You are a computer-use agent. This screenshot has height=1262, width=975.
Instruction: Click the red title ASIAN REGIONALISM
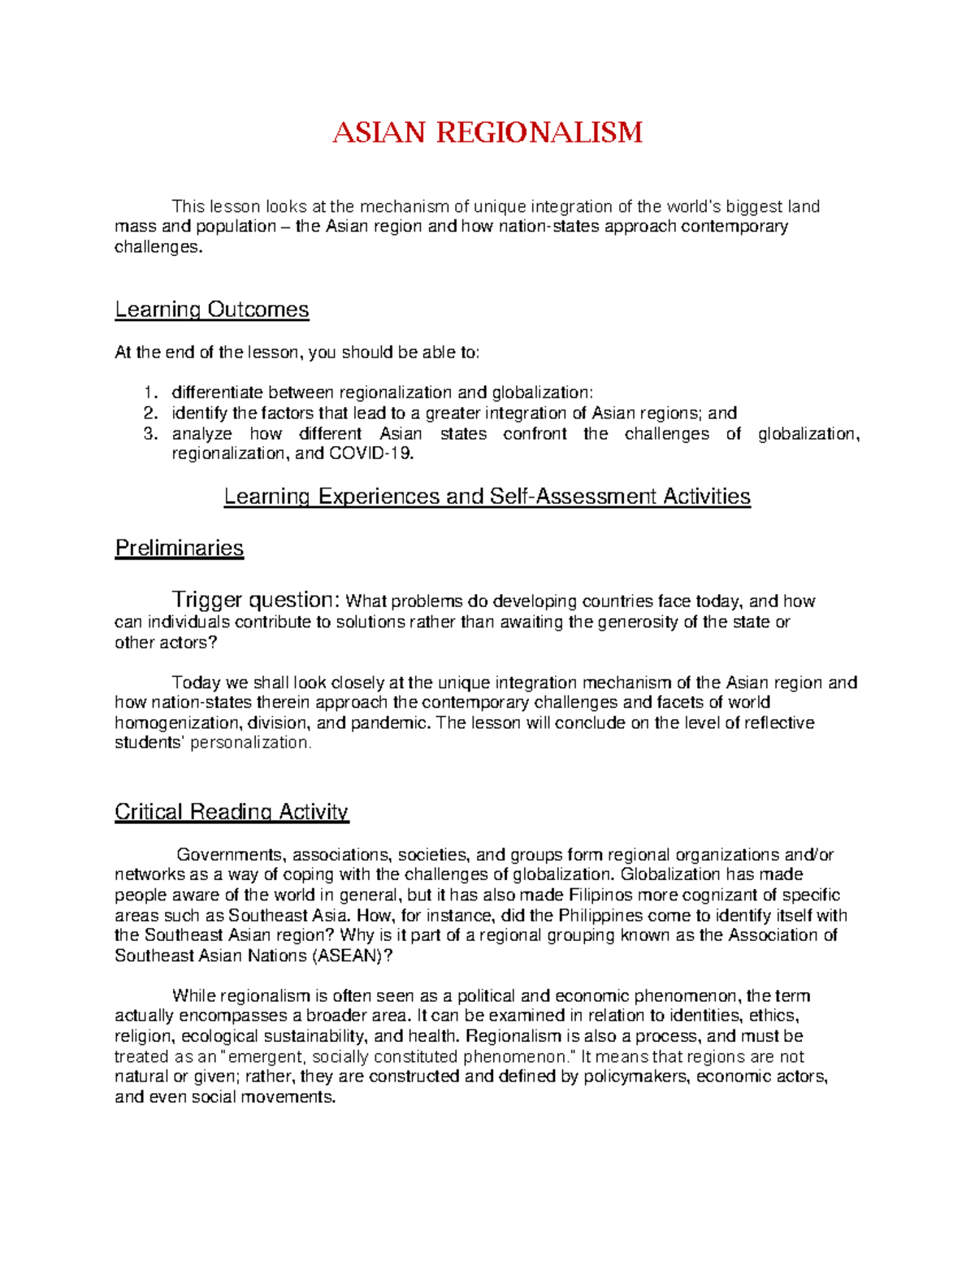[487, 132]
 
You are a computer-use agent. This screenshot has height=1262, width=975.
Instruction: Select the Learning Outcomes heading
[211, 310]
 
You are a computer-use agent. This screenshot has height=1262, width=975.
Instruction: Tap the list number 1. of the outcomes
[150, 393]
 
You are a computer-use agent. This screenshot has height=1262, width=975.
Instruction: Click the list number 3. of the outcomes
[150, 434]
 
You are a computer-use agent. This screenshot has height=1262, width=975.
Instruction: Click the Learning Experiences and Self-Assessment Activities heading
[487, 497]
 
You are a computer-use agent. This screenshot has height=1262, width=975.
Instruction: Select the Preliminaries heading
[179, 549]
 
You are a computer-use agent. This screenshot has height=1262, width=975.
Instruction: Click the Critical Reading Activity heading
[232, 812]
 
